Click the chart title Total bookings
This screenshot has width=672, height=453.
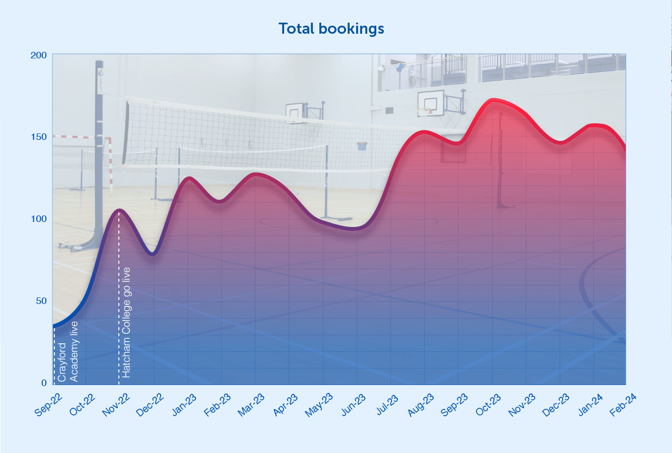[x=331, y=29]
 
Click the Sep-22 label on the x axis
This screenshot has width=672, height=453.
[x=49, y=406]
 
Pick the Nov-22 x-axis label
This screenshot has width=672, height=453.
[x=116, y=406]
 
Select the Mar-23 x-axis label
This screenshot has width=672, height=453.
[x=251, y=406]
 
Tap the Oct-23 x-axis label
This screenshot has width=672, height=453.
[x=488, y=406]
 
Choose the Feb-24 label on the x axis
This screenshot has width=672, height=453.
[x=623, y=406]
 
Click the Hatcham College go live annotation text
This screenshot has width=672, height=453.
[x=126, y=322]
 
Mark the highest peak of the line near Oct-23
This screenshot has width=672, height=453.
[x=493, y=100]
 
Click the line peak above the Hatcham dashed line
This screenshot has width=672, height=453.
[x=119, y=209]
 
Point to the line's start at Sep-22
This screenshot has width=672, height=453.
[x=53, y=327]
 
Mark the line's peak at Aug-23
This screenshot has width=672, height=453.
[x=425, y=132]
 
